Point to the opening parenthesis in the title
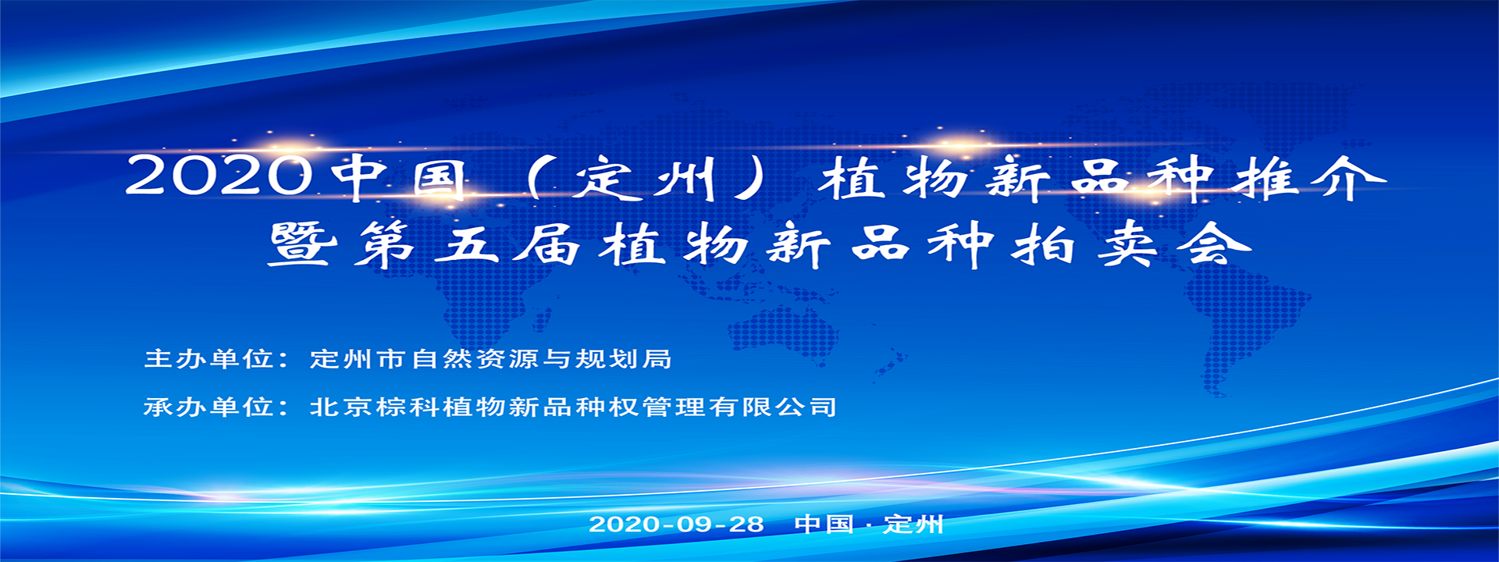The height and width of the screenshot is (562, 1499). point(535,179)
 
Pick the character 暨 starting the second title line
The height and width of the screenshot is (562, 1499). point(303,244)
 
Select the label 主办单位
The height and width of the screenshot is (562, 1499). point(208,358)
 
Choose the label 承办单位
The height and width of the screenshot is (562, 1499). point(208,407)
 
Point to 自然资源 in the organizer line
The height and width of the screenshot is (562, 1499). point(474,358)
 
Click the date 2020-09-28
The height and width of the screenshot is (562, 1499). point(676,524)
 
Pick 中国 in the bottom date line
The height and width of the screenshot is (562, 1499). point(824,524)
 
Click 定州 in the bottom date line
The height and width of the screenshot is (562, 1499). point(913,524)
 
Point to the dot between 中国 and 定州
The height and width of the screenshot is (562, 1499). point(869,525)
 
